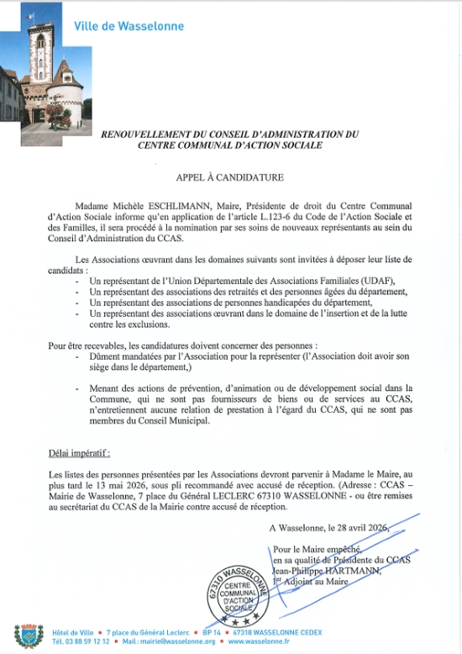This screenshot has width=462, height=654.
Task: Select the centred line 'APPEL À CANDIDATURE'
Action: (229, 178)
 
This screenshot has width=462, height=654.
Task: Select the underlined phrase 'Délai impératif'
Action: (79, 452)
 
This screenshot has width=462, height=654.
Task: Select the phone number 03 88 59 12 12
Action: (80, 641)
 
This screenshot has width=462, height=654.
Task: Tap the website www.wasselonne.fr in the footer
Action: (255, 641)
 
